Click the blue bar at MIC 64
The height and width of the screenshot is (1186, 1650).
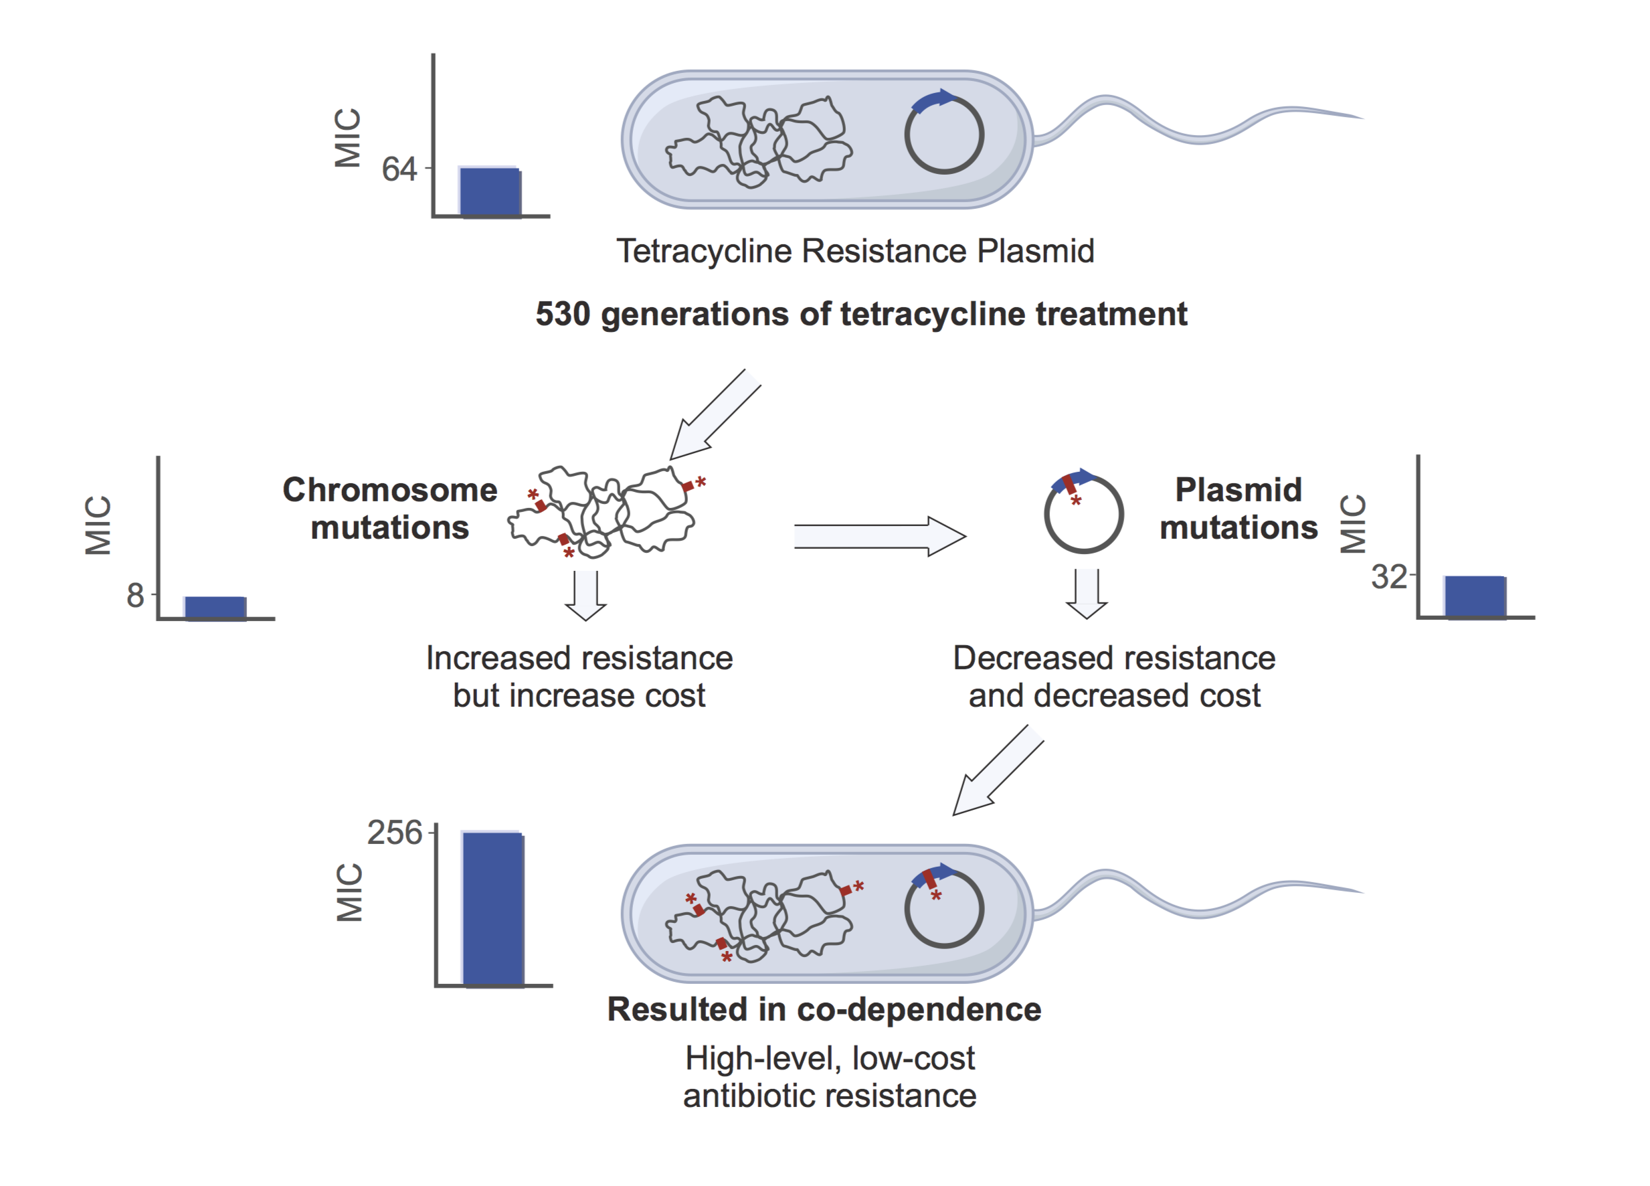click(x=490, y=192)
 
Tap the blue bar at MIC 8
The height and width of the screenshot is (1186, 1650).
click(x=215, y=608)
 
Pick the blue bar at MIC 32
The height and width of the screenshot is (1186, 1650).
click(x=1474, y=596)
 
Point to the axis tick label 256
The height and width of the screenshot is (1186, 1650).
click(x=393, y=833)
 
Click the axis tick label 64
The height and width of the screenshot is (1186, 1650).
click(x=399, y=169)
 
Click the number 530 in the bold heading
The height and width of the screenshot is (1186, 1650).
click(x=562, y=315)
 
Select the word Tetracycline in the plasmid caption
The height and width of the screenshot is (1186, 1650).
click(x=703, y=251)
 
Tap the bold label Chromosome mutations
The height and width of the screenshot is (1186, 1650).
click(x=390, y=509)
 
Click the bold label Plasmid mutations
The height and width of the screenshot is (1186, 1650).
click(x=1239, y=509)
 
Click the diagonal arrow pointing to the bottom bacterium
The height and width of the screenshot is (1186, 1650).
click(x=997, y=771)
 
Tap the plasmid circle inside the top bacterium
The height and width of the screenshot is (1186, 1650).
click(x=943, y=135)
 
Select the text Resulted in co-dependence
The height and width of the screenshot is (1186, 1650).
click(x=824, y=1009)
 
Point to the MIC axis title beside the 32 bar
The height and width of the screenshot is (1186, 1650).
click(x=1352, y=523)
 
